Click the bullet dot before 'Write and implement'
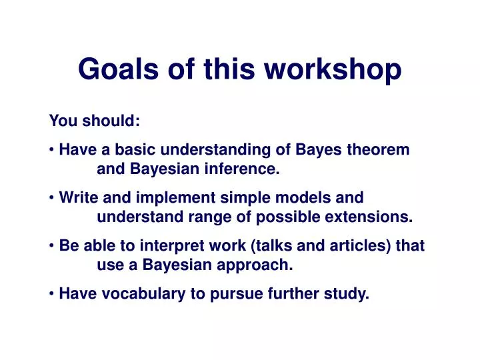pos(52,198)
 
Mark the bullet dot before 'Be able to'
pos(52,246)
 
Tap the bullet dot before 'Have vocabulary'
pos(52,294)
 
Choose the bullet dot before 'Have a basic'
pos(52,151)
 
